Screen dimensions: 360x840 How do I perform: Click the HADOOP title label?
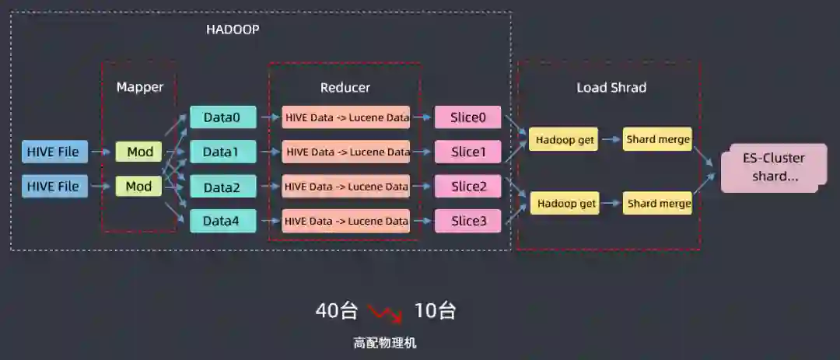pos(233,30)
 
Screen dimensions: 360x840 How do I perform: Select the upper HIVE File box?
pos(54,152)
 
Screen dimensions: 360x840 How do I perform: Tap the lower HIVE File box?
pos(54,187)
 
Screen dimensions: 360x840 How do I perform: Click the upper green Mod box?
pos(138,152)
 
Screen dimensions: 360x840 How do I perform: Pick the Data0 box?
pos(222,117)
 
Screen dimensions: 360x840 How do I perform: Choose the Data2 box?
pos(222,187)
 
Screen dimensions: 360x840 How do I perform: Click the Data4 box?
pos(222,221)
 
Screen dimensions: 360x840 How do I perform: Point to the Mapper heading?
pos(140,87)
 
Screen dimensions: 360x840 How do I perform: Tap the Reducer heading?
pos(345,87)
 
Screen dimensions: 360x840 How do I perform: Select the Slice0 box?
pos(468,117)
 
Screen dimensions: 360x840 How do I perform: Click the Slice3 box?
pos(468,221)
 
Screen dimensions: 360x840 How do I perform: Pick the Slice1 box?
pos(468,152)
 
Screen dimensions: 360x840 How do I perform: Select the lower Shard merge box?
pos(659,204)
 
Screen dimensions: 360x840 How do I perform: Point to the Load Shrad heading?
pos(611,87)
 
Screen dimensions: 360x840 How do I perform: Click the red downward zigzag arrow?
pos(385,313)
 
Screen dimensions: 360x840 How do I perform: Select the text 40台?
pos(336,311)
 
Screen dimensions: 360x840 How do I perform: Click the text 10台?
pos(435,311)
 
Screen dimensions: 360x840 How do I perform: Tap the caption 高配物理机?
pos(385,343)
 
